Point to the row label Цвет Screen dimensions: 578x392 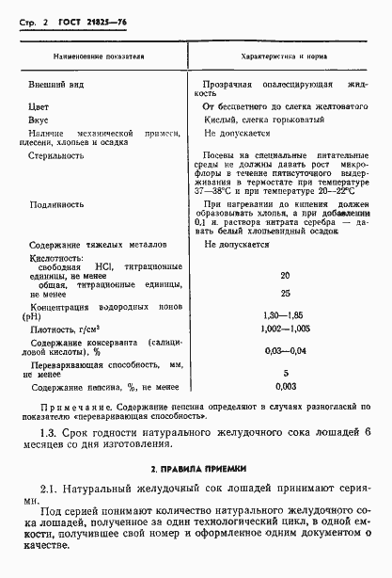39,106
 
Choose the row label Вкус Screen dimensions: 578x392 39,120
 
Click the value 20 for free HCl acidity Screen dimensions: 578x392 285,275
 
